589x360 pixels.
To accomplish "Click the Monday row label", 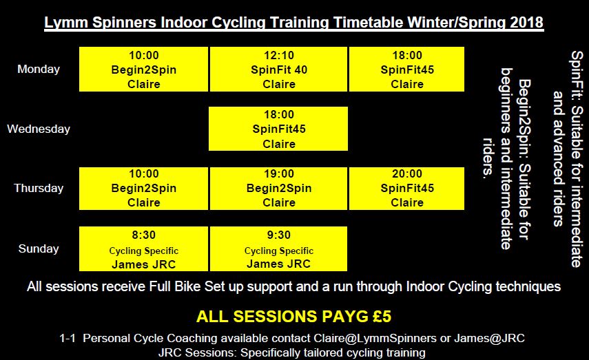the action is (x=39, y=69).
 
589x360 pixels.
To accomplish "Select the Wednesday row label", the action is (x=39, y=129).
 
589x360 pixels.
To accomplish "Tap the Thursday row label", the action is (x=39, y=188).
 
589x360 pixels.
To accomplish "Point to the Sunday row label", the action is (x=39, y=248).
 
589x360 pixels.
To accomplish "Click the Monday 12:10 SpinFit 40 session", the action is (x=279, y=69).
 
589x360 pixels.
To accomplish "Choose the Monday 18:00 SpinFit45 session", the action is (x=407, y=69).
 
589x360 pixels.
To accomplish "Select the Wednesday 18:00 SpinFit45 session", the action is (x=278, y=129).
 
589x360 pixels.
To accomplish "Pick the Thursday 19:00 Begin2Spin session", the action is (x=279, y=189).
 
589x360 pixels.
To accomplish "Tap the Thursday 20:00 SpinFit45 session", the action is (x=407, y=189).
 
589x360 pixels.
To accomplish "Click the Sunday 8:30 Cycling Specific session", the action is (x=143, y=248).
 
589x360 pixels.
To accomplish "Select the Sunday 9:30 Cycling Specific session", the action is (x=279, y=248).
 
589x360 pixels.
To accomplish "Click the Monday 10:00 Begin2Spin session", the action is (x=143, y=69).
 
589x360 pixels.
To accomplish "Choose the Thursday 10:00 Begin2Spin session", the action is (x=143, y=189).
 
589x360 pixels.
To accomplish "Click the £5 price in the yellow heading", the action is (x=382, y=316).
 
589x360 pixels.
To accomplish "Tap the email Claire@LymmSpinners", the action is (x=375, y=338).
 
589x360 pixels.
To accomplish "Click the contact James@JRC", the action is (x=490, y=338).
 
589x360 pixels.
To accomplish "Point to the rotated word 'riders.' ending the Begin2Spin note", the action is (x=488, y=158).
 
